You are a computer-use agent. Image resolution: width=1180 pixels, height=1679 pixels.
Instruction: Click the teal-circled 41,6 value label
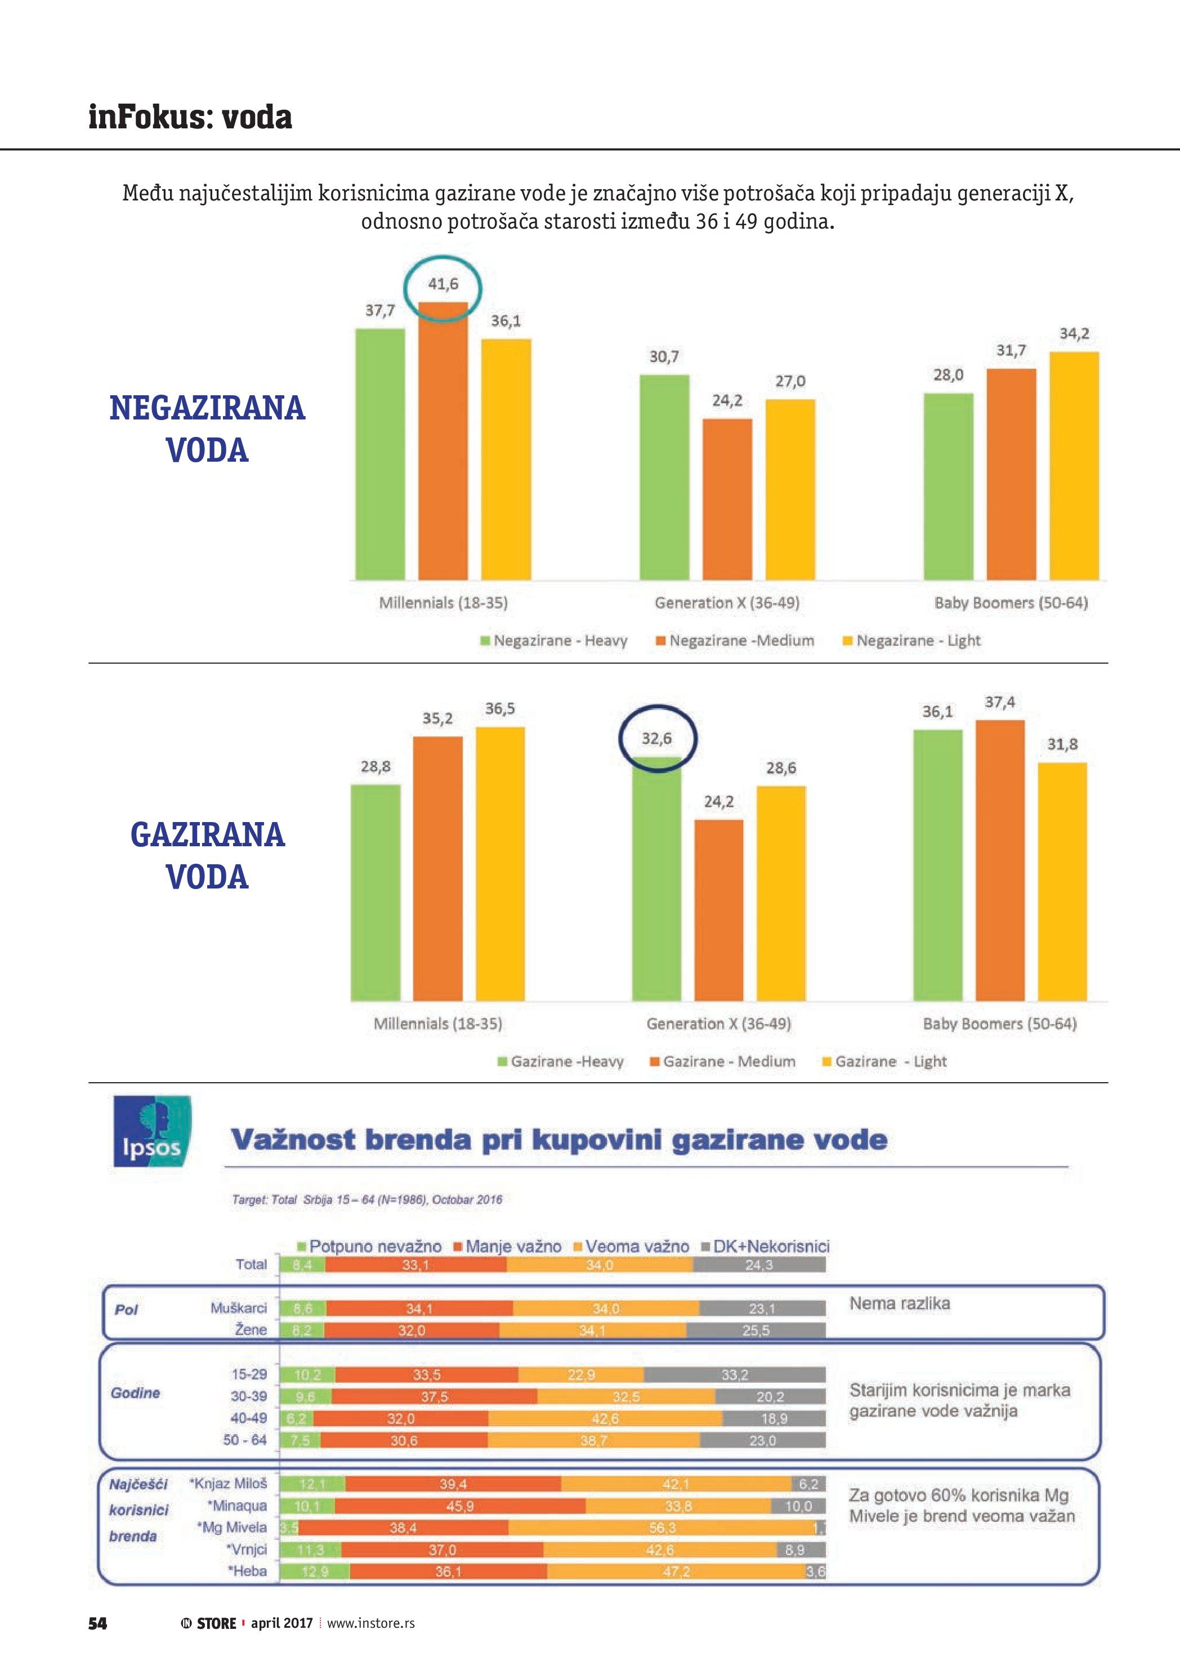coord(443,284)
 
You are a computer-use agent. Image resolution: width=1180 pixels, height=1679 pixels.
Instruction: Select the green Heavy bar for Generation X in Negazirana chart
coord(664,477)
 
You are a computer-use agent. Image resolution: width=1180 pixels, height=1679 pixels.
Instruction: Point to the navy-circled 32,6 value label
coord(656,739)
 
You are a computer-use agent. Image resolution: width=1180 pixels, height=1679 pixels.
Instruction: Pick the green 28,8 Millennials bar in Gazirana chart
coord(376,892)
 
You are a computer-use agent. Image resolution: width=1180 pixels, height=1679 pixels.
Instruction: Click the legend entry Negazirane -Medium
coord(735,641)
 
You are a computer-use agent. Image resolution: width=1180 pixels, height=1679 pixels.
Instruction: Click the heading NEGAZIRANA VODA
coord(207,428)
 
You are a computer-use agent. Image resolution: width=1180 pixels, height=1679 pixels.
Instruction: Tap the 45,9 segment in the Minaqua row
coord(460,1506)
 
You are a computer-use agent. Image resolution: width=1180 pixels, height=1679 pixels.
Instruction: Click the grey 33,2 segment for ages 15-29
coord(734,1375)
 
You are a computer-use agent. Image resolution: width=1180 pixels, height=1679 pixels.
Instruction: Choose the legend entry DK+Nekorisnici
coord(765,1246)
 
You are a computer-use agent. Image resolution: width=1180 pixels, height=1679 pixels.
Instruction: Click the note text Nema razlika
coord(899,1303)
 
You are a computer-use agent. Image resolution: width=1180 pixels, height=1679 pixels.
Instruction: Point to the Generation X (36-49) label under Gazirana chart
coord(718,1024)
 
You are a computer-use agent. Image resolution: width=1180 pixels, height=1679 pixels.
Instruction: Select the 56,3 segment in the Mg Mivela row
coord(661,1528)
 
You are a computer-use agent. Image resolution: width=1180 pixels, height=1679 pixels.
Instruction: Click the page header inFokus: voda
coord(190,117)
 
